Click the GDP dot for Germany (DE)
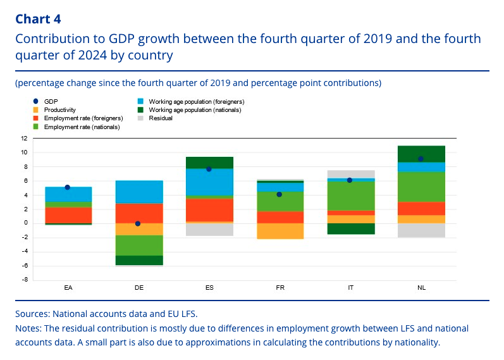138,223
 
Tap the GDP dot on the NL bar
421,159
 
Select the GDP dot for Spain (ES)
209,169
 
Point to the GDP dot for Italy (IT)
350,180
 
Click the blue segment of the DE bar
138,192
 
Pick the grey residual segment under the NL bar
421,230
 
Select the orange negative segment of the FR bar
280,231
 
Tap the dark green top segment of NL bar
421,154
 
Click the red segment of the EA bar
68,215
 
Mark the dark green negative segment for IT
350,228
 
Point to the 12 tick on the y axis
23,138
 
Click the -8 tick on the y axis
23,280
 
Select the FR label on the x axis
280,288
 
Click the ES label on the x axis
209,288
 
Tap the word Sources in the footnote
32,313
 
